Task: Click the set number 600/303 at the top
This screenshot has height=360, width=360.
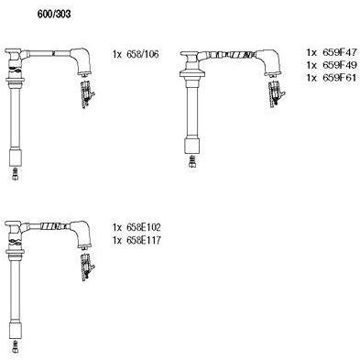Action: tap(54, 14)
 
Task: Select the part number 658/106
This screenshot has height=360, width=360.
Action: tap(143, 54)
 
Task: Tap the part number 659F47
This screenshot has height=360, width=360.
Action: tap(339, 52)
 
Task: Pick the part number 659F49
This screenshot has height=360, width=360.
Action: tap(339, 65)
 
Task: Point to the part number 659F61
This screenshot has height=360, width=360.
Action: tap(339, 78)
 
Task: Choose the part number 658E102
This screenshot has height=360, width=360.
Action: tap(144, 227)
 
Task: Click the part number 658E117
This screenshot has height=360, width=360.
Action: tap(144, 240)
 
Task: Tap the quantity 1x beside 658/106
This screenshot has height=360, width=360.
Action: tap(117, 54)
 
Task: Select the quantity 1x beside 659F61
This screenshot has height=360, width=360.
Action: tap(311, 78)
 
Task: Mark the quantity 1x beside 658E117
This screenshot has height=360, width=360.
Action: tap(117, 240)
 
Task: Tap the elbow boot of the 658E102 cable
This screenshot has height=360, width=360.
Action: tap(82, 233)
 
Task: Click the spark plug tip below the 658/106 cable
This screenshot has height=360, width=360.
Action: tap(16, 173)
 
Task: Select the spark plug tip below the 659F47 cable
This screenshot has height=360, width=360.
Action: tap(192, 161)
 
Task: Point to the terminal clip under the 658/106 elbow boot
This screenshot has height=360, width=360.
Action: tap(88, 94)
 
